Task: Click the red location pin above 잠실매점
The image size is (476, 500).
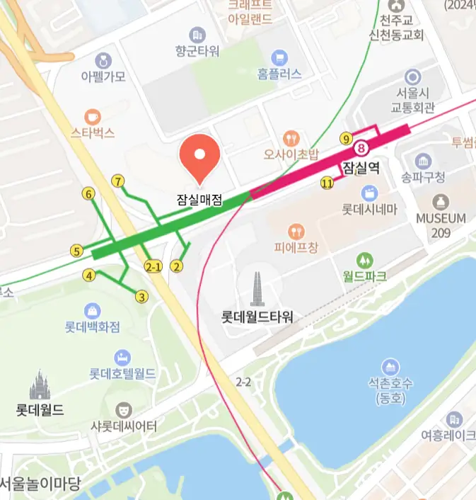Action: pos(200,156)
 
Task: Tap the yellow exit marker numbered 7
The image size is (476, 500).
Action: pos(118,181)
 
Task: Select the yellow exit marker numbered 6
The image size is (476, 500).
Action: pos(88,193)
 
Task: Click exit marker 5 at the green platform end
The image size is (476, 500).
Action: pos(76,251)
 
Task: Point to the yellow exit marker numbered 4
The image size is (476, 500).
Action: pos(89,275)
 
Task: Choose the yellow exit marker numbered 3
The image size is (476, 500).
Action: pos(142,297)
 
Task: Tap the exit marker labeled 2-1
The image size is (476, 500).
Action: pos(153,266)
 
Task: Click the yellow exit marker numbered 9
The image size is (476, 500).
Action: pos(346,138)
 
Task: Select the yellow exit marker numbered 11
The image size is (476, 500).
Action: pos(326,183)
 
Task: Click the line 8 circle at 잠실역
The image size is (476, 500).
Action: pos(362,149)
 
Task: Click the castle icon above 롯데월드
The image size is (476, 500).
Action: pos(40,386)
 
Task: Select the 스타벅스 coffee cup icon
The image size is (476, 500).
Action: pos(92,116)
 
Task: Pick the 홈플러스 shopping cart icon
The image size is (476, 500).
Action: pos(279,57)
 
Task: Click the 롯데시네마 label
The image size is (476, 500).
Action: pos(369,210)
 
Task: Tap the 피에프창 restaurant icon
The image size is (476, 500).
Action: pos(296,232)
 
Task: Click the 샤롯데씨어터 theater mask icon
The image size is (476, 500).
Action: pos(124,409)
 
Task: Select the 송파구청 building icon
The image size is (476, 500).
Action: pos(424,161)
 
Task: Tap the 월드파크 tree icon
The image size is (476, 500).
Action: pos(364,260)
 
